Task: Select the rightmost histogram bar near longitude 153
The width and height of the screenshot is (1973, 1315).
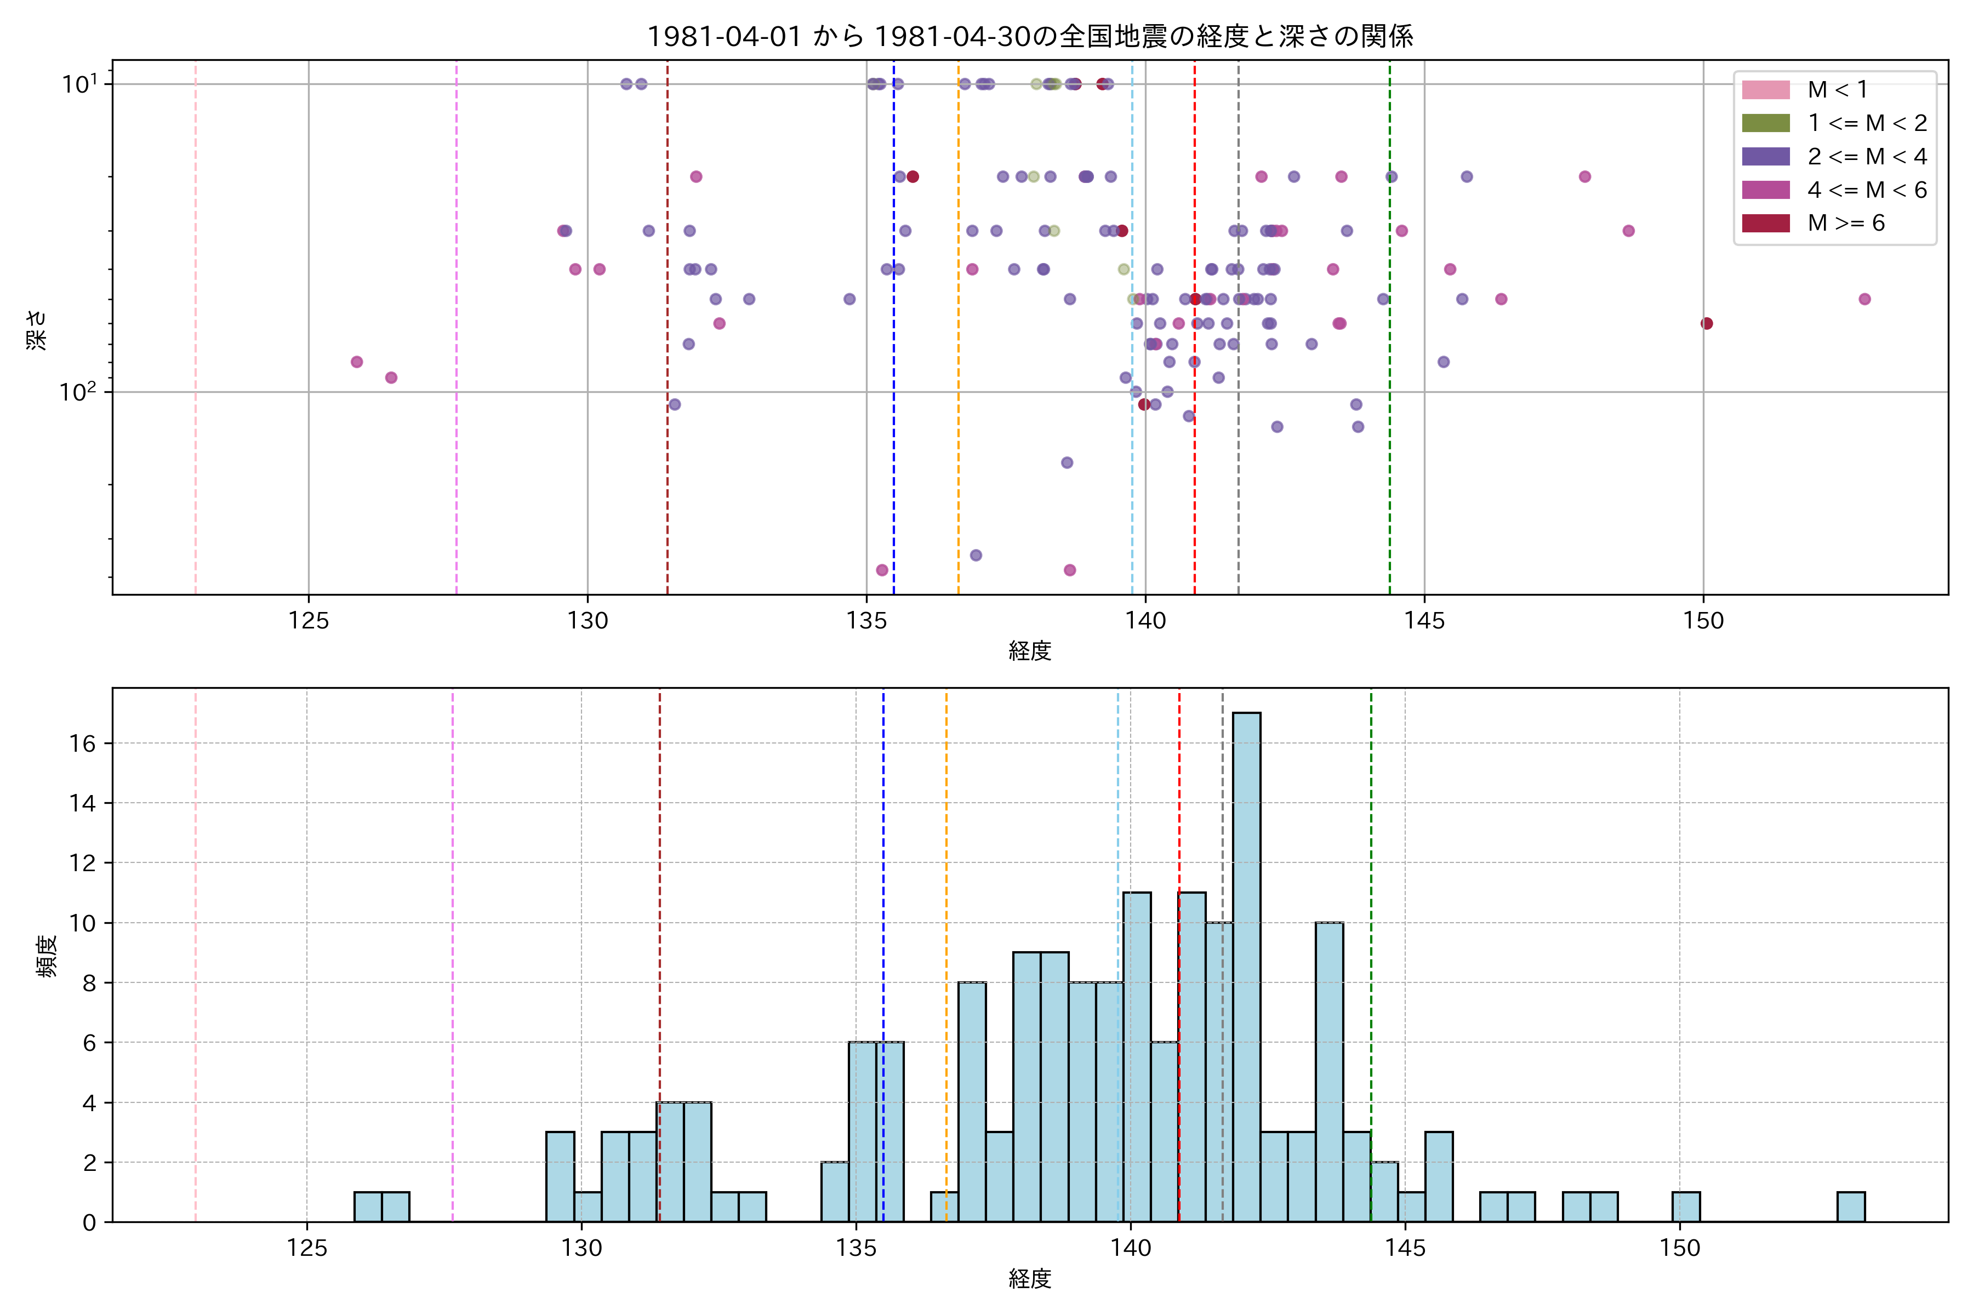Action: coord(1851,1207)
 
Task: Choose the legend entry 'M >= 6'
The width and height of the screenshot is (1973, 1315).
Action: coord(1845,223)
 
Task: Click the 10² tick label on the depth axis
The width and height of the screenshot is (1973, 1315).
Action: coord(78,392)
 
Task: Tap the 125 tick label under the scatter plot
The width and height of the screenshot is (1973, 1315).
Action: coord(308,621)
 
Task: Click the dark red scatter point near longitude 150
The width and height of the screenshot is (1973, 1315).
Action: coord(1706,324)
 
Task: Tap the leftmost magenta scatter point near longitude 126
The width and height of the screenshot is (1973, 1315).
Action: coord(357,362)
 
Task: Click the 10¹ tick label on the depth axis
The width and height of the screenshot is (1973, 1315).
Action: coord(79,84)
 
